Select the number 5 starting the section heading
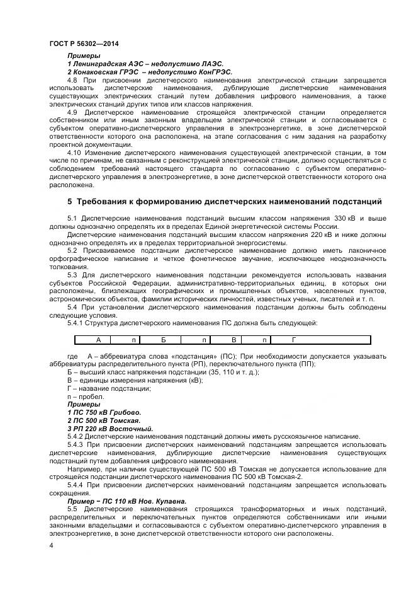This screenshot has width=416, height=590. point(70,202)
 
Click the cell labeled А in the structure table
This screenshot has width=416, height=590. point(89,340)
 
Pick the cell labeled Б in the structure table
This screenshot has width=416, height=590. point(163,340)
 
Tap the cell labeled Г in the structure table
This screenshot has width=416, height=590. point(293,340)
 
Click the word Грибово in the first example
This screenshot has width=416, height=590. point(118,412)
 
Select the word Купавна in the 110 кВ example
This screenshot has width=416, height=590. point(170,501)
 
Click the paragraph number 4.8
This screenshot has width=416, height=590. point(72,81)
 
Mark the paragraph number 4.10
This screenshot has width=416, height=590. point(74,153)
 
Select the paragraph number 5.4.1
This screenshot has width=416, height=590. point(77,323)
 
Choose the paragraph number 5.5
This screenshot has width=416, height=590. point(72,509)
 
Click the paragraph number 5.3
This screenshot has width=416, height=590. point(72,275)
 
